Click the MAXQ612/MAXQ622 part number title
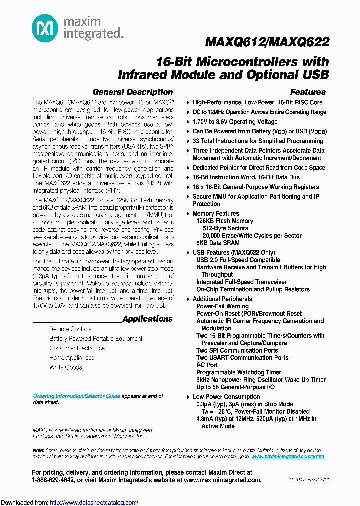(267, 43)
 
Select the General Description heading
(133, 92)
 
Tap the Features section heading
(308, 92)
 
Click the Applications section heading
(147, 319)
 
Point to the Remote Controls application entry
(70, 329)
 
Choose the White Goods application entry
(65, 367)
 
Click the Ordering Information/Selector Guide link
(77, 396)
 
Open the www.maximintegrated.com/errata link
(288, 457)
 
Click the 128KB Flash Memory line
(225, 221)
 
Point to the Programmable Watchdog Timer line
(239, 372)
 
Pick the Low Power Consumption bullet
(226, 397)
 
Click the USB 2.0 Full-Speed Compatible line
(238, 260)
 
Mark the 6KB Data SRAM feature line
(217, 243)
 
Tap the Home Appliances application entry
(72, 358)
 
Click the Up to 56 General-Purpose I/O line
(236, 387)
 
